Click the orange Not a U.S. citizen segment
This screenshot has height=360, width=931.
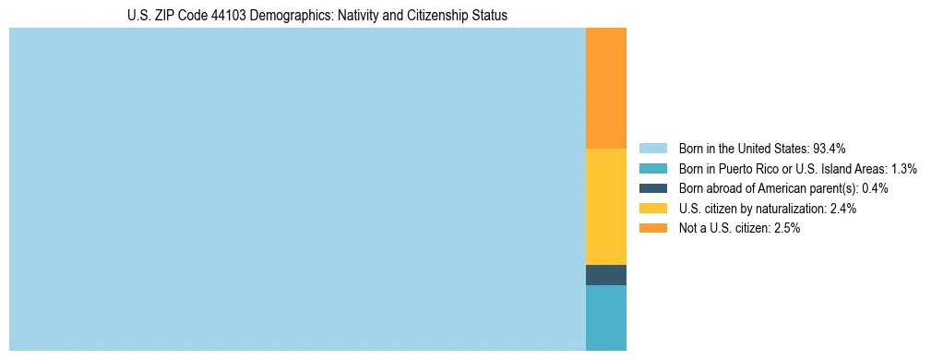(605, 88)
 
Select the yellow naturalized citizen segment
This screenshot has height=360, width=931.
(605, 207)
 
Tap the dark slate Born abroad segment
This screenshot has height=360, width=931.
(605, 275)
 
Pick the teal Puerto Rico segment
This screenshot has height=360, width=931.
(605, 318)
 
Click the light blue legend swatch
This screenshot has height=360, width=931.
(652, 148)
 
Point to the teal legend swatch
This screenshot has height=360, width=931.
(652, 168)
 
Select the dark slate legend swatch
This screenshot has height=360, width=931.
(652, 188)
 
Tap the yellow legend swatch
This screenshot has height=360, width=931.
(652, 209)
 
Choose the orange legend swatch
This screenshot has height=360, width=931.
(652, 228)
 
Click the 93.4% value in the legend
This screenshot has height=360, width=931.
(830, 148)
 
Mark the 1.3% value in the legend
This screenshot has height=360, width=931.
(903, 168)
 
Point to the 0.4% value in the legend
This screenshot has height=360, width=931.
(875, 188)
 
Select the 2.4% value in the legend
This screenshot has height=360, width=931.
(843, 209)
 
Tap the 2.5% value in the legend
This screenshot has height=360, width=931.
(787, 228)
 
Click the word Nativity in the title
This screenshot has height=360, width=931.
(345, 16)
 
